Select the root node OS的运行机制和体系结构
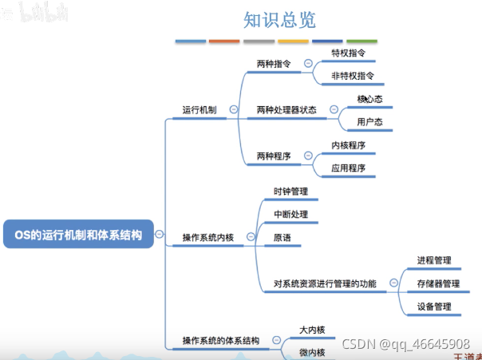point(77,235)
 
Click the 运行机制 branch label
point(200,110)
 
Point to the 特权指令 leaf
point(349,52)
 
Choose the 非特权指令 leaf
point(353,77)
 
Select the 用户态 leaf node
point(369,122)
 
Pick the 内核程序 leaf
point(349,145)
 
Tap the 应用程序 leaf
point(349,168)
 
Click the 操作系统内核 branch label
point(208,237)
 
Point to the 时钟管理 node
point(290,192)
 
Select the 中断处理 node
point(290,215)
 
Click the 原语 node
point(282,238)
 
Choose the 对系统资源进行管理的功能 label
point(325,283)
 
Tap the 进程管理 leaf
point(434,260)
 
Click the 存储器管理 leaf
point(438,283)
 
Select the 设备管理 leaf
point(434,307)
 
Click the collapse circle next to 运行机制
point(233,110)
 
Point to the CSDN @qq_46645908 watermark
point(405,343)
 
